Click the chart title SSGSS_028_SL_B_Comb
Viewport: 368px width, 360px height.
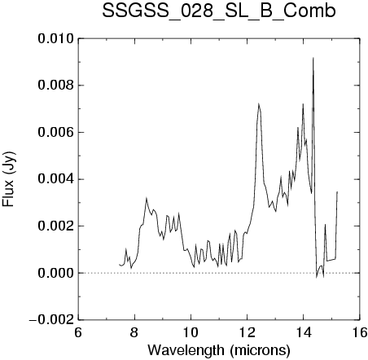[x=219, y=11]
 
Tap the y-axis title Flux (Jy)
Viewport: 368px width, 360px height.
[x=9, y=179]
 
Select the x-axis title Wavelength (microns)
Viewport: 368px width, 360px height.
[x=219, y=350]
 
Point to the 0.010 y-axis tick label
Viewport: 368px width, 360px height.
[x=55, y=38]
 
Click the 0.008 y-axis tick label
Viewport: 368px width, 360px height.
[x=55, y=86]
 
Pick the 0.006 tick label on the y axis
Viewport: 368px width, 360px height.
[x=55, y=132]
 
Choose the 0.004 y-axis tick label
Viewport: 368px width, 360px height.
[x=55, y=179]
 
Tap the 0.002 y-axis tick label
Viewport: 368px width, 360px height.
[x=55, y=226]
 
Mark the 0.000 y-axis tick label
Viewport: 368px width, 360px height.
[x=55, y=273]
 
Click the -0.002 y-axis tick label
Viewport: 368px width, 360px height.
[x=51, y=320]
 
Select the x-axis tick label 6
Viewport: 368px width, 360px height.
[x=78, y=332]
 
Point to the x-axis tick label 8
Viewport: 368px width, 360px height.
[x=134, y=332]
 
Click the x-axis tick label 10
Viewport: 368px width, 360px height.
[x=191, y=332]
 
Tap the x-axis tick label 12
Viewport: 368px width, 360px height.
[x=247, y=332]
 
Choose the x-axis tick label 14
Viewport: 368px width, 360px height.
[x=304, y=332]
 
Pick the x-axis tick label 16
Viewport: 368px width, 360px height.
[x=360, y=332]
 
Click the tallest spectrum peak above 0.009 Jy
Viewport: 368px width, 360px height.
[x=313, y=58]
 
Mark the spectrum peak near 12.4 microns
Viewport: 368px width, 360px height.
[x=259, y=103]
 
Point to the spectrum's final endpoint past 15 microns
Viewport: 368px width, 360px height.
[x=337, y=191]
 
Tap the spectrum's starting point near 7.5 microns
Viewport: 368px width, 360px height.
[x=119, y=264]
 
